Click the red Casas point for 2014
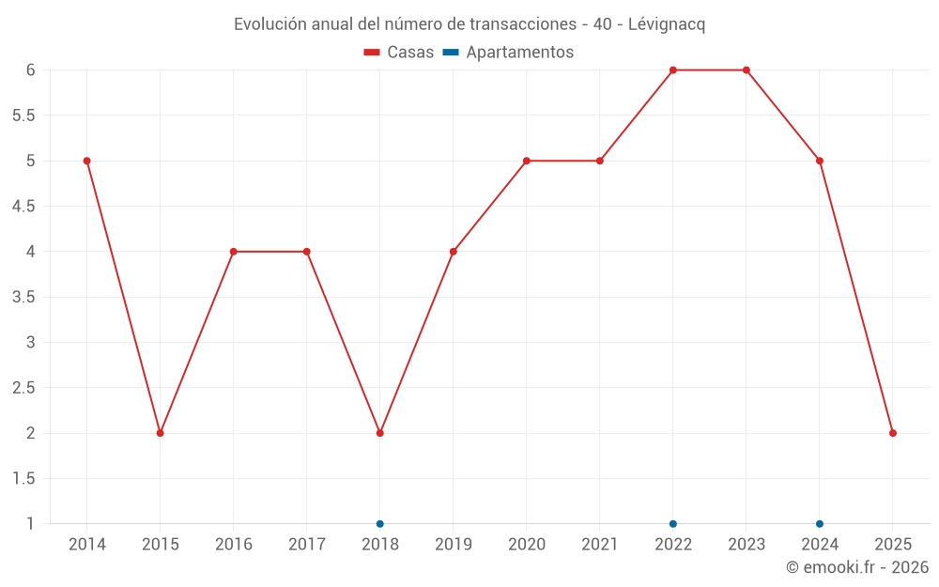pyautogui.click(x=87, y=161)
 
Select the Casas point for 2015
pyautogui.click(x=161, y=433)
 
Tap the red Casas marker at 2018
pyautogui.click(x=380, y=433)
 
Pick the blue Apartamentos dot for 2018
pyautogui.click(x=380, y=524)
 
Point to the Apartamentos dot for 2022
pyautogui.click(x=673, y=524)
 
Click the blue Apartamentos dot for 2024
pyautogui.click(x=820, y=524)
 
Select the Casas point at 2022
pyautogui.click(x=673, y=70)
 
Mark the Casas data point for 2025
pyautogui.click(x=893, y=433)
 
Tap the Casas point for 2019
pyautogui.click(x=454, y=252)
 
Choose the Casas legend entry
pyautogui.click(x=399, y=53)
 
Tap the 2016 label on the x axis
pyautogui.click(x=234, y=545)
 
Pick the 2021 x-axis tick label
pyautogui.click(x=600, y=545)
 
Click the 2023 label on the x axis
pyautogui.click(x=747, y=545)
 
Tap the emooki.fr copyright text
pyautogui.click(x=857, y=567)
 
